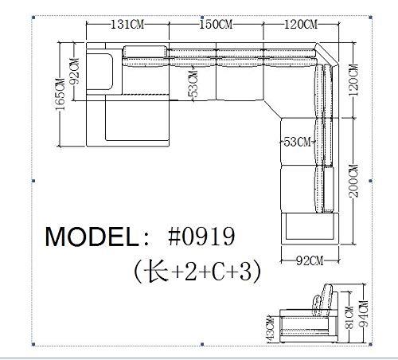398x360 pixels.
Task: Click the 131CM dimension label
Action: pos(127,25)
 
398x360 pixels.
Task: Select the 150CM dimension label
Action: pos(216,24)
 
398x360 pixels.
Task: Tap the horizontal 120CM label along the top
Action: pos(301,25)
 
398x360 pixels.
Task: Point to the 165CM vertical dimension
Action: pos(60,95)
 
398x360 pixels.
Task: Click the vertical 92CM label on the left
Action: pos(74,72)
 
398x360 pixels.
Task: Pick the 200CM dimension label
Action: pos(353,181)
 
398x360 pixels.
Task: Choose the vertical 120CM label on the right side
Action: pos(353,80)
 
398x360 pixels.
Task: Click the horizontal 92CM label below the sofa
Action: pos(310,261)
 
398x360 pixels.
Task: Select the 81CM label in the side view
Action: pos(349,318)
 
